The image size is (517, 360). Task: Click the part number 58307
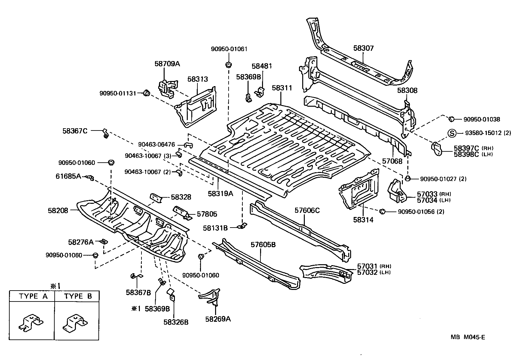point(363,48)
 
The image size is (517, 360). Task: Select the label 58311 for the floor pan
point(282,88)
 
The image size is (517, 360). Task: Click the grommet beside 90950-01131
point(146,93)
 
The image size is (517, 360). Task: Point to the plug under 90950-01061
point(229,65)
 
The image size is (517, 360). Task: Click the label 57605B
point(263,245)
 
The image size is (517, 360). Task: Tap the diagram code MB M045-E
point(468,337)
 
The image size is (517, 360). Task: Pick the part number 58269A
point(218,319)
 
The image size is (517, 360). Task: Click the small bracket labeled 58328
point(156,198)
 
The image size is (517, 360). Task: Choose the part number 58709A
point(167,64)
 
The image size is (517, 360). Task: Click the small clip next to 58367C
point(105,133)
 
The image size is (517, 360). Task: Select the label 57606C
point(307,210)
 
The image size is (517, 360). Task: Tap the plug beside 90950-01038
point(451,119)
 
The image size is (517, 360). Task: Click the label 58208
point(58,211)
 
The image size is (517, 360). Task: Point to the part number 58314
point(363,220)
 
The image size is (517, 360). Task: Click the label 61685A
point(68,176)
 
